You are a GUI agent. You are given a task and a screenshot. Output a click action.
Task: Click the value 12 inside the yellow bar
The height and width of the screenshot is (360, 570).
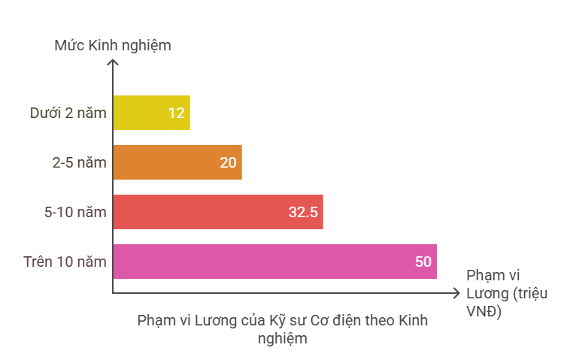(x=176, y=113)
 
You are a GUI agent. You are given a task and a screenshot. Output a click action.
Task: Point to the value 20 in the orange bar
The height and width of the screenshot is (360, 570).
(x=228, y=163)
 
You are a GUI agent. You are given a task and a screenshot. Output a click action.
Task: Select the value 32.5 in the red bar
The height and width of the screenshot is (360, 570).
(x=303, y=213)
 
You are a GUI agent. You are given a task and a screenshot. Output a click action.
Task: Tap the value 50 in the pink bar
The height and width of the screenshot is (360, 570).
(x=423, y=262)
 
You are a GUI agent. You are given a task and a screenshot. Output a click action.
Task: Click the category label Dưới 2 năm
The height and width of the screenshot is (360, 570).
(x=68, y=113)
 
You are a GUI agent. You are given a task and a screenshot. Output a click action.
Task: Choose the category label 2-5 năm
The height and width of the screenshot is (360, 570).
(x=79, y=163)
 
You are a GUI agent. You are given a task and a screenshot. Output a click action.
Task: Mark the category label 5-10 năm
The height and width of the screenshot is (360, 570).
(x=75, y=213)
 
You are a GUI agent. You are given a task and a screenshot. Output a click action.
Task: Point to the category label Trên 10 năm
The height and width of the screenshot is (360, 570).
(x=65, y=262)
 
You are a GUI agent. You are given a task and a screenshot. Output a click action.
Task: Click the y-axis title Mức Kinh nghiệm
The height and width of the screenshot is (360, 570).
(x=113, y=46)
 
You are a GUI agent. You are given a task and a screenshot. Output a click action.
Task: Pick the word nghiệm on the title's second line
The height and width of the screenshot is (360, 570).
(x=282, y=338)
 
